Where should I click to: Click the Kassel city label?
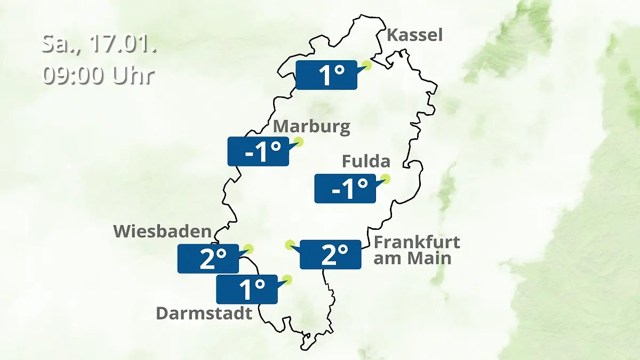click(414, 35)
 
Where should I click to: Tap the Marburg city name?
click(311, 127)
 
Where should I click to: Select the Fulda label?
click(366, 161)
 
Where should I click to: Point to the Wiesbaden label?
click(162, 231)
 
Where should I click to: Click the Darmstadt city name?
click(204, 313)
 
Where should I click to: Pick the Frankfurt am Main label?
click(417, 250)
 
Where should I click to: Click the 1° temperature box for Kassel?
click(326, 75)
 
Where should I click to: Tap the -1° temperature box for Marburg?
click(259, 151)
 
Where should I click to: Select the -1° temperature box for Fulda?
click(345, 188)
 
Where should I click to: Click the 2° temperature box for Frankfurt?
click(331, 254)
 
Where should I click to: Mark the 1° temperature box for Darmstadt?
click(247, 289)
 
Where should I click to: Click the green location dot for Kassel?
click(366, 66)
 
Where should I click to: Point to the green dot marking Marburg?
click(299, 142)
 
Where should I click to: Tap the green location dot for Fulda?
click(385, 179)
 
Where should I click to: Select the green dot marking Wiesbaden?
click(248, 249)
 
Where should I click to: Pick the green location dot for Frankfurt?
click(290, 245)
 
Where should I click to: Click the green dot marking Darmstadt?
click(287, 279)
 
